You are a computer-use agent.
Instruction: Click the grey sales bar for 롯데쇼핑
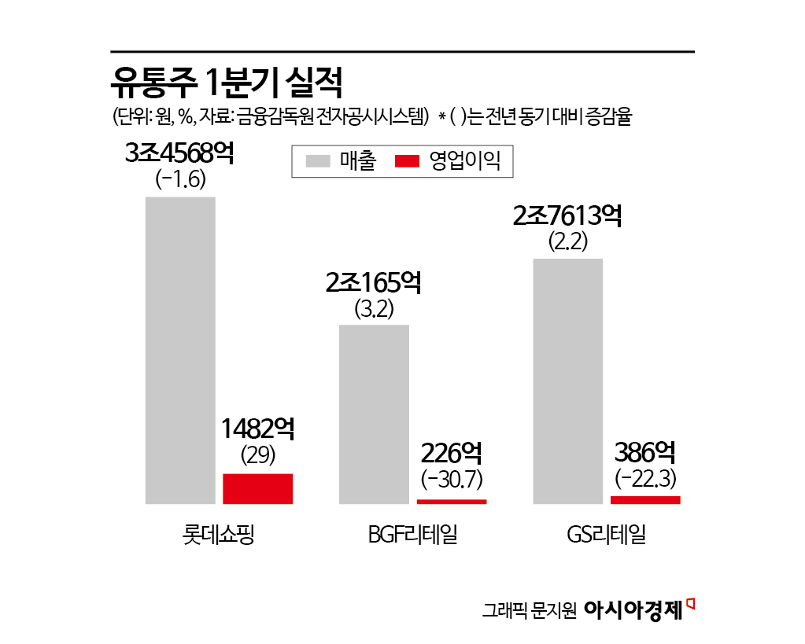point(180,350)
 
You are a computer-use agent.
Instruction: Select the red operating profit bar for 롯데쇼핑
point(258,488)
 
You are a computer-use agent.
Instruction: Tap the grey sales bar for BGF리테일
point(374,414)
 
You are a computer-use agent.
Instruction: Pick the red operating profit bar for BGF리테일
point(452,501)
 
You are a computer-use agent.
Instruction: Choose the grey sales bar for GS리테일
point(567,381)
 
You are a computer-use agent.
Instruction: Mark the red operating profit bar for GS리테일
point(645,499)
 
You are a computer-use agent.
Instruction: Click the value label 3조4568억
point(180,153)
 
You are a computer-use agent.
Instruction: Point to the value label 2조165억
point(374,282)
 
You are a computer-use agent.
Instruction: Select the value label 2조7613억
point(567,215)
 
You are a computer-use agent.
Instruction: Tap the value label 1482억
point(258,429)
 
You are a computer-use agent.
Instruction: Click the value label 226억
point(452,453)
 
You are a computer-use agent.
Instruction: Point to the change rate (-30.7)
point(452,478)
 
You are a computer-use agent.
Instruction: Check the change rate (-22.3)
point(645,478)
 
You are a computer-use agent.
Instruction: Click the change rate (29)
point(258,454)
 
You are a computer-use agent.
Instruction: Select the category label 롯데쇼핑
point(217,536)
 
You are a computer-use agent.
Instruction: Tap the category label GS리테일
point(606,536)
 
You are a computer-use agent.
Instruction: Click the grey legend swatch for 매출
point(318,162)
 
